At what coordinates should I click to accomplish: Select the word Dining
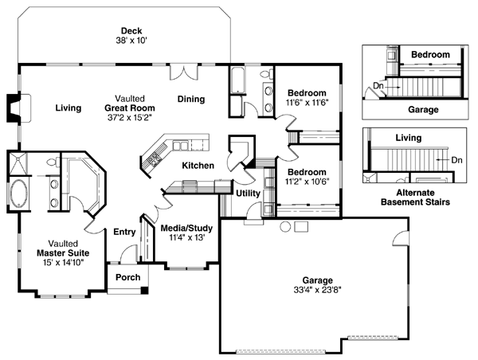click(191, 100)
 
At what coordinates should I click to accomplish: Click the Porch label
click(127, 277)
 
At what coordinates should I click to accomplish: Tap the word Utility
click(249, 192)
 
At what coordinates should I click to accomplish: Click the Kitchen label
click(196, 165)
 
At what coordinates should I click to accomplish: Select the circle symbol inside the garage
click(284, 228)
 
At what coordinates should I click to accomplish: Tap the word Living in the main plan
click(69, 108)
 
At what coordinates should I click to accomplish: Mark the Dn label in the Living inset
click(456, 159)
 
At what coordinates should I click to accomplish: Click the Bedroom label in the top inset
click(430, 54)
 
